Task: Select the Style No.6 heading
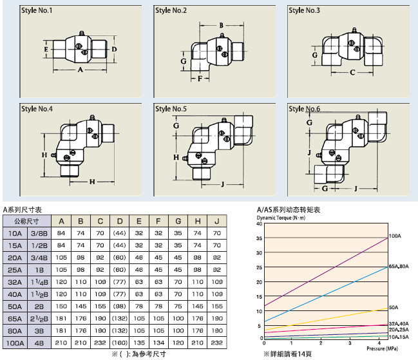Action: pos(305,109)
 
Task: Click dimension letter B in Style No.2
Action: pos(220,25)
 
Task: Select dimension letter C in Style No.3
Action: pos(352,72)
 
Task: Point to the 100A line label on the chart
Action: pos(394,237)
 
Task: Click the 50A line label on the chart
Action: pos(393,307)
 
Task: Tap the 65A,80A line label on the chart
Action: pos(399,266)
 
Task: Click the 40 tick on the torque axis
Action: pos(260,227)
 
